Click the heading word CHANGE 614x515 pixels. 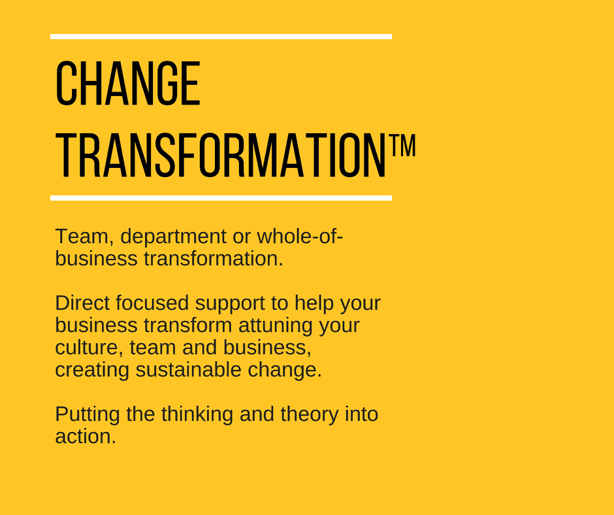(x=128, y=83)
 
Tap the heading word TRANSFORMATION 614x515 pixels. (x=221, y=155)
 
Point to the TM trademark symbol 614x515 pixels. (x=402, y=145)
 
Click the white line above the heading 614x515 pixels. (x=221, y=37)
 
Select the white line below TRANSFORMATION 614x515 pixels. (x=221, y=198)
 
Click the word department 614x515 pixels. (x=173, y=237)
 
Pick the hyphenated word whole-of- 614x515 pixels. (x=300, y=236)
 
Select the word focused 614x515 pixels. (x=152, y=303)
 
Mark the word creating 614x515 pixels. (x=92, y=371)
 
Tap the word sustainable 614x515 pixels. (x=188, y=369)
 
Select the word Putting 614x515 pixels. (x=88, y=415)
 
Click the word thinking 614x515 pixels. (x=197, y=415)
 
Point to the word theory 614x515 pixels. (x=310, y=415)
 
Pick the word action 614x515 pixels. (x=86, y=436)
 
